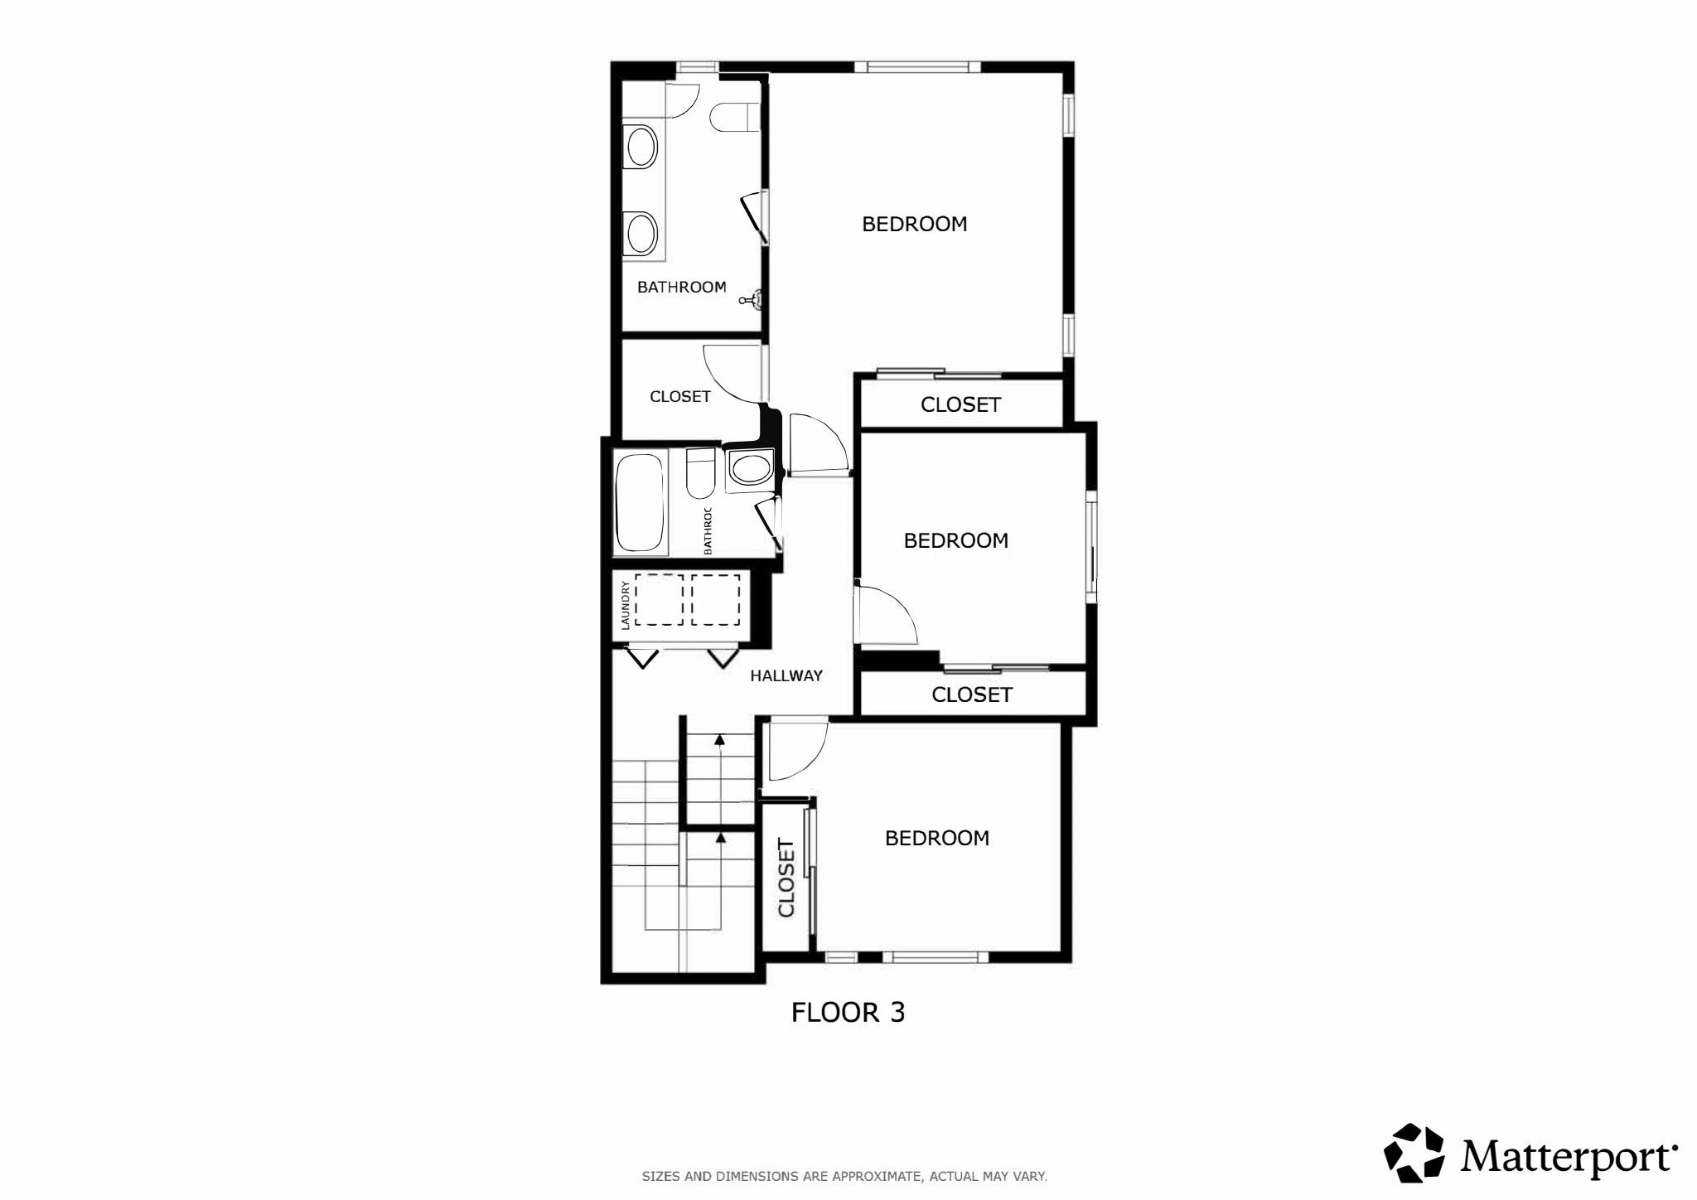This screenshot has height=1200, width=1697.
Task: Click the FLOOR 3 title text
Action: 848,1013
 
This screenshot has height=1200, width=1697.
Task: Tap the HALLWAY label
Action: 786,675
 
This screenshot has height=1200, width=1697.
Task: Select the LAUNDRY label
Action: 626,605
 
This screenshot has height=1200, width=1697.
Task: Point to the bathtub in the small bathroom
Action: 640,502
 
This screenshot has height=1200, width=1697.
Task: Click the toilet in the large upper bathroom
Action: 734,117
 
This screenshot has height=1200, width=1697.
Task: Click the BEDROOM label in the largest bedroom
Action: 914,224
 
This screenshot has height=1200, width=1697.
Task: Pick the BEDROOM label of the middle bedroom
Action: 955,540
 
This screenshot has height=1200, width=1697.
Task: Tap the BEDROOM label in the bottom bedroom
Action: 936,838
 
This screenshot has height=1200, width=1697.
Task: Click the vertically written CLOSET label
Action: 786,878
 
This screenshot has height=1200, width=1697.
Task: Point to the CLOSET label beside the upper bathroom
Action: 679,396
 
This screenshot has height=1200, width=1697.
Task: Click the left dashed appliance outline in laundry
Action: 660,599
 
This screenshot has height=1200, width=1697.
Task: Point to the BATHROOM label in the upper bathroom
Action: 681,287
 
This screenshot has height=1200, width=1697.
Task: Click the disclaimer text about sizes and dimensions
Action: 844,1176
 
